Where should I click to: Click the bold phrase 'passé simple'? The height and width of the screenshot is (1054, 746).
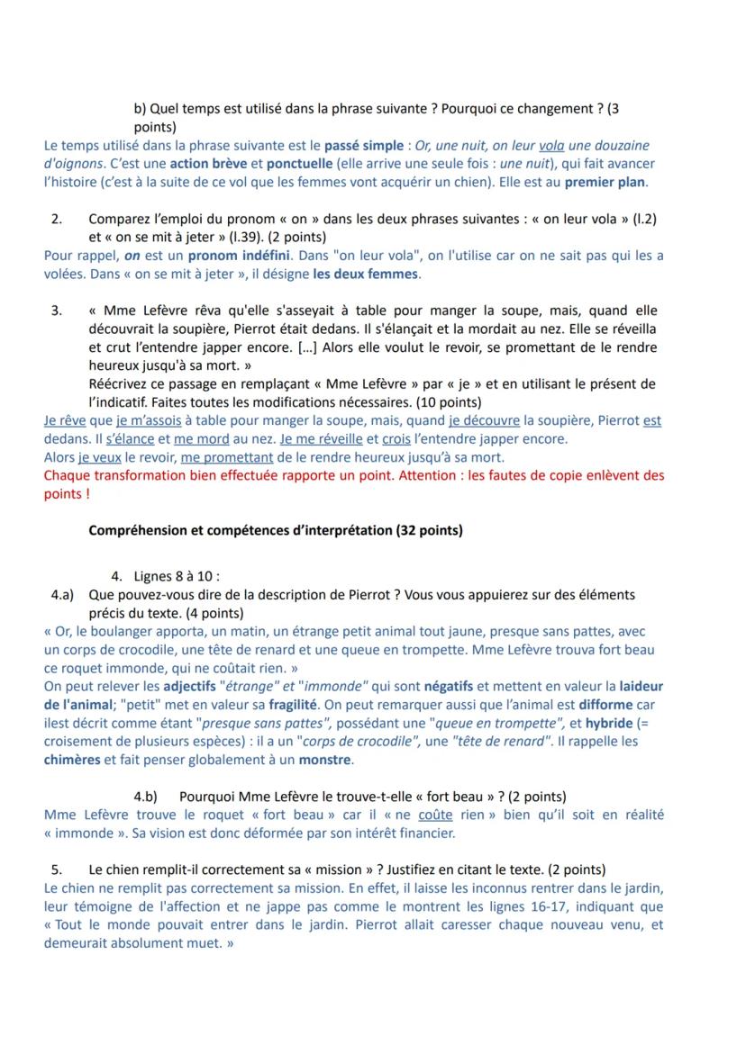tap(363, 145)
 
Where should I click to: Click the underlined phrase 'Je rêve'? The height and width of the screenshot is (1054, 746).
tap(64, 420)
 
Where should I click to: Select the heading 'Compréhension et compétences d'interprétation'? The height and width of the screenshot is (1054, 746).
tap(240, 530)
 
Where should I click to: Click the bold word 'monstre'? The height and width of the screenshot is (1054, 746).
tap(326, 760)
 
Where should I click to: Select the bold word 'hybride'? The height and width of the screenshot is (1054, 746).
tap(608, 724)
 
